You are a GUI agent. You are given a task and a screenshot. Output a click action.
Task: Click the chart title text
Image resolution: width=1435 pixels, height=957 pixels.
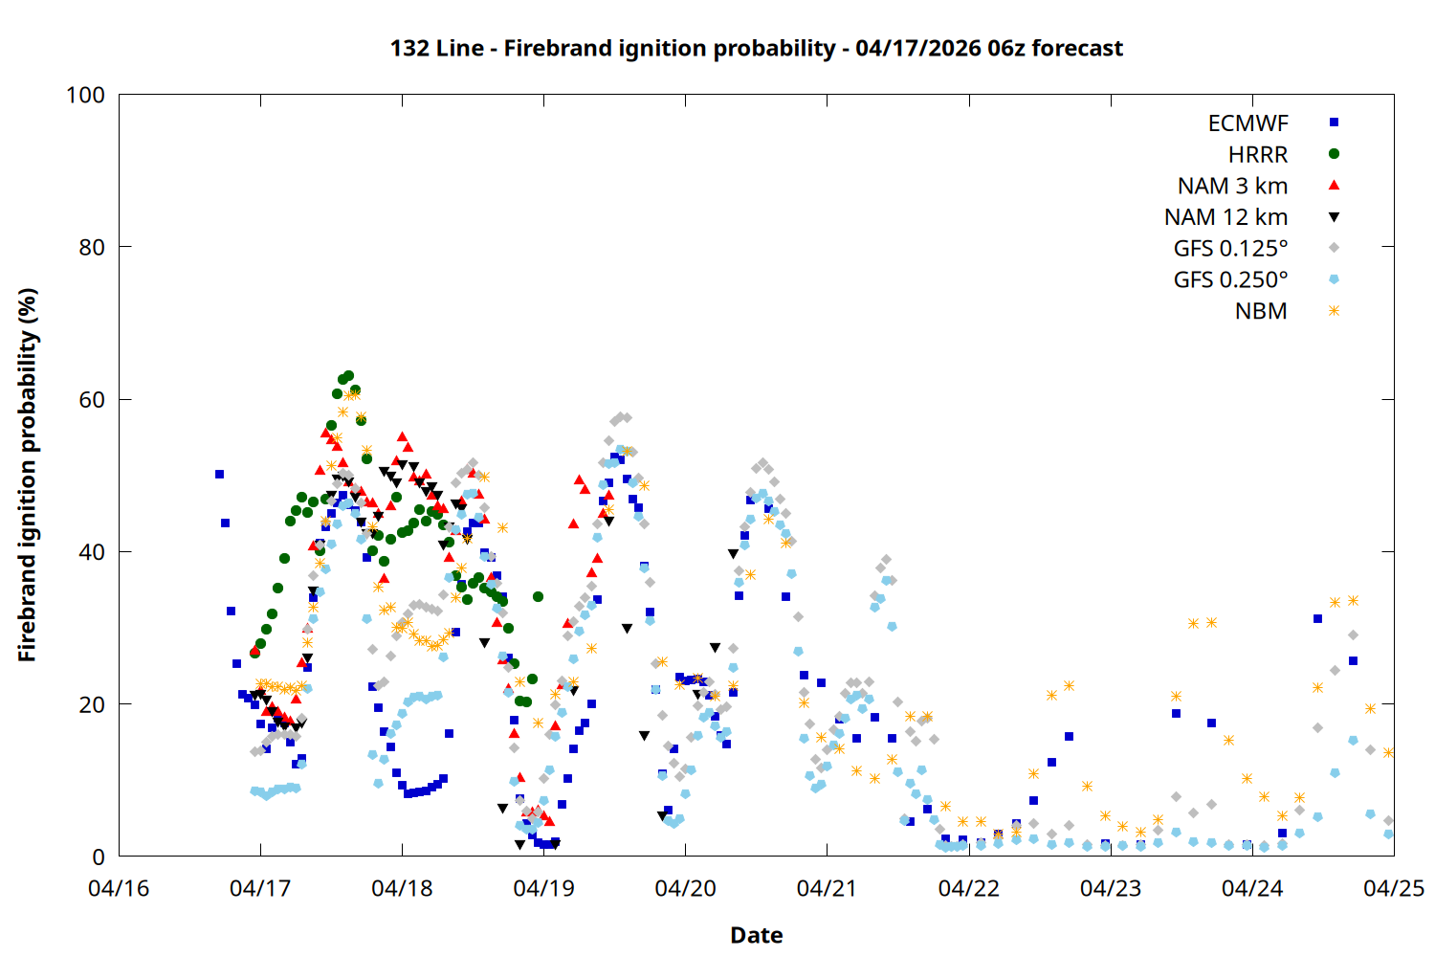(x=756, y=48)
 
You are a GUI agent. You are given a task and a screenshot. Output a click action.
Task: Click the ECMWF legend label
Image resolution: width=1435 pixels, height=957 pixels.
(x=1247, y=123)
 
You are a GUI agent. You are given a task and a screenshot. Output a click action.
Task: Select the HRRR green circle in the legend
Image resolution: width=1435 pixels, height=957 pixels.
(x=1334, y=154)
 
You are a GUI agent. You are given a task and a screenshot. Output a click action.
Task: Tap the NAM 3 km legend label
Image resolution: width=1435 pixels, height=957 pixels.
(x=1232, y=186)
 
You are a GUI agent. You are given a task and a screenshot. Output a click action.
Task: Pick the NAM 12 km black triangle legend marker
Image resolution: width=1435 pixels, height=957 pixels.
(x=1334, y=217)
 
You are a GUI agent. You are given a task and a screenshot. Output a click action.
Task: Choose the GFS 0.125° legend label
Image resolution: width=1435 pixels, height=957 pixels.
(x=1230, y=249)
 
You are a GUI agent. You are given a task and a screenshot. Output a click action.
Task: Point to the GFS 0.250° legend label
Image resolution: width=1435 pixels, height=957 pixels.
(x=1230, y=280)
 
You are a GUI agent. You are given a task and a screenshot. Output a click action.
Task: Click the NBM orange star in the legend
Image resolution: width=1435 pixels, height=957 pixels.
(x=1334, y=311)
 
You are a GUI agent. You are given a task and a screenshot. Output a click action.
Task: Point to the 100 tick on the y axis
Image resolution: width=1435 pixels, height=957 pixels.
(x=85, y=95)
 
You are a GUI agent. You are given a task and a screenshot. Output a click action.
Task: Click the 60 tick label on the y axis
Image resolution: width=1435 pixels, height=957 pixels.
(x=92, y=400)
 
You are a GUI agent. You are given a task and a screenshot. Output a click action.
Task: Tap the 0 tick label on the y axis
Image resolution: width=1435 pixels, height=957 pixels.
(x=99, y=857)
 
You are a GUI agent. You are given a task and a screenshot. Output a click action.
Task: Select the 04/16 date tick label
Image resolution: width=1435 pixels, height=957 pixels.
(x=119, y=888)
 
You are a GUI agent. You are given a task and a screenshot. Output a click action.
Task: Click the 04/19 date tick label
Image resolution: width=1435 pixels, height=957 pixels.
(x=543, y=888)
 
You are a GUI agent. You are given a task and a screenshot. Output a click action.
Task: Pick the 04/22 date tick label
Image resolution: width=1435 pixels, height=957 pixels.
(x=968, y=888)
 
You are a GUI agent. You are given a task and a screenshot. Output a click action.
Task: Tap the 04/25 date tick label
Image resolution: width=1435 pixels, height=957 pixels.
(x=1393, y=888)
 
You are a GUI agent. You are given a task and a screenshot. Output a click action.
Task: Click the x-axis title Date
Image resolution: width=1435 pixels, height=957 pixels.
(x=756, y=935)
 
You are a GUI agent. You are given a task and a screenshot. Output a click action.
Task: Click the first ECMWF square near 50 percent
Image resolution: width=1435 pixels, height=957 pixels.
(x=219, y=475)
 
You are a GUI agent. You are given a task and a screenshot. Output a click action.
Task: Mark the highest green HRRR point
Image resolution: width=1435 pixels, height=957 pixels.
(x=348, y=376)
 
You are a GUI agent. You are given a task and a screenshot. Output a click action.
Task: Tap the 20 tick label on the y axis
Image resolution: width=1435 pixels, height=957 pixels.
(x=92, y=704)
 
